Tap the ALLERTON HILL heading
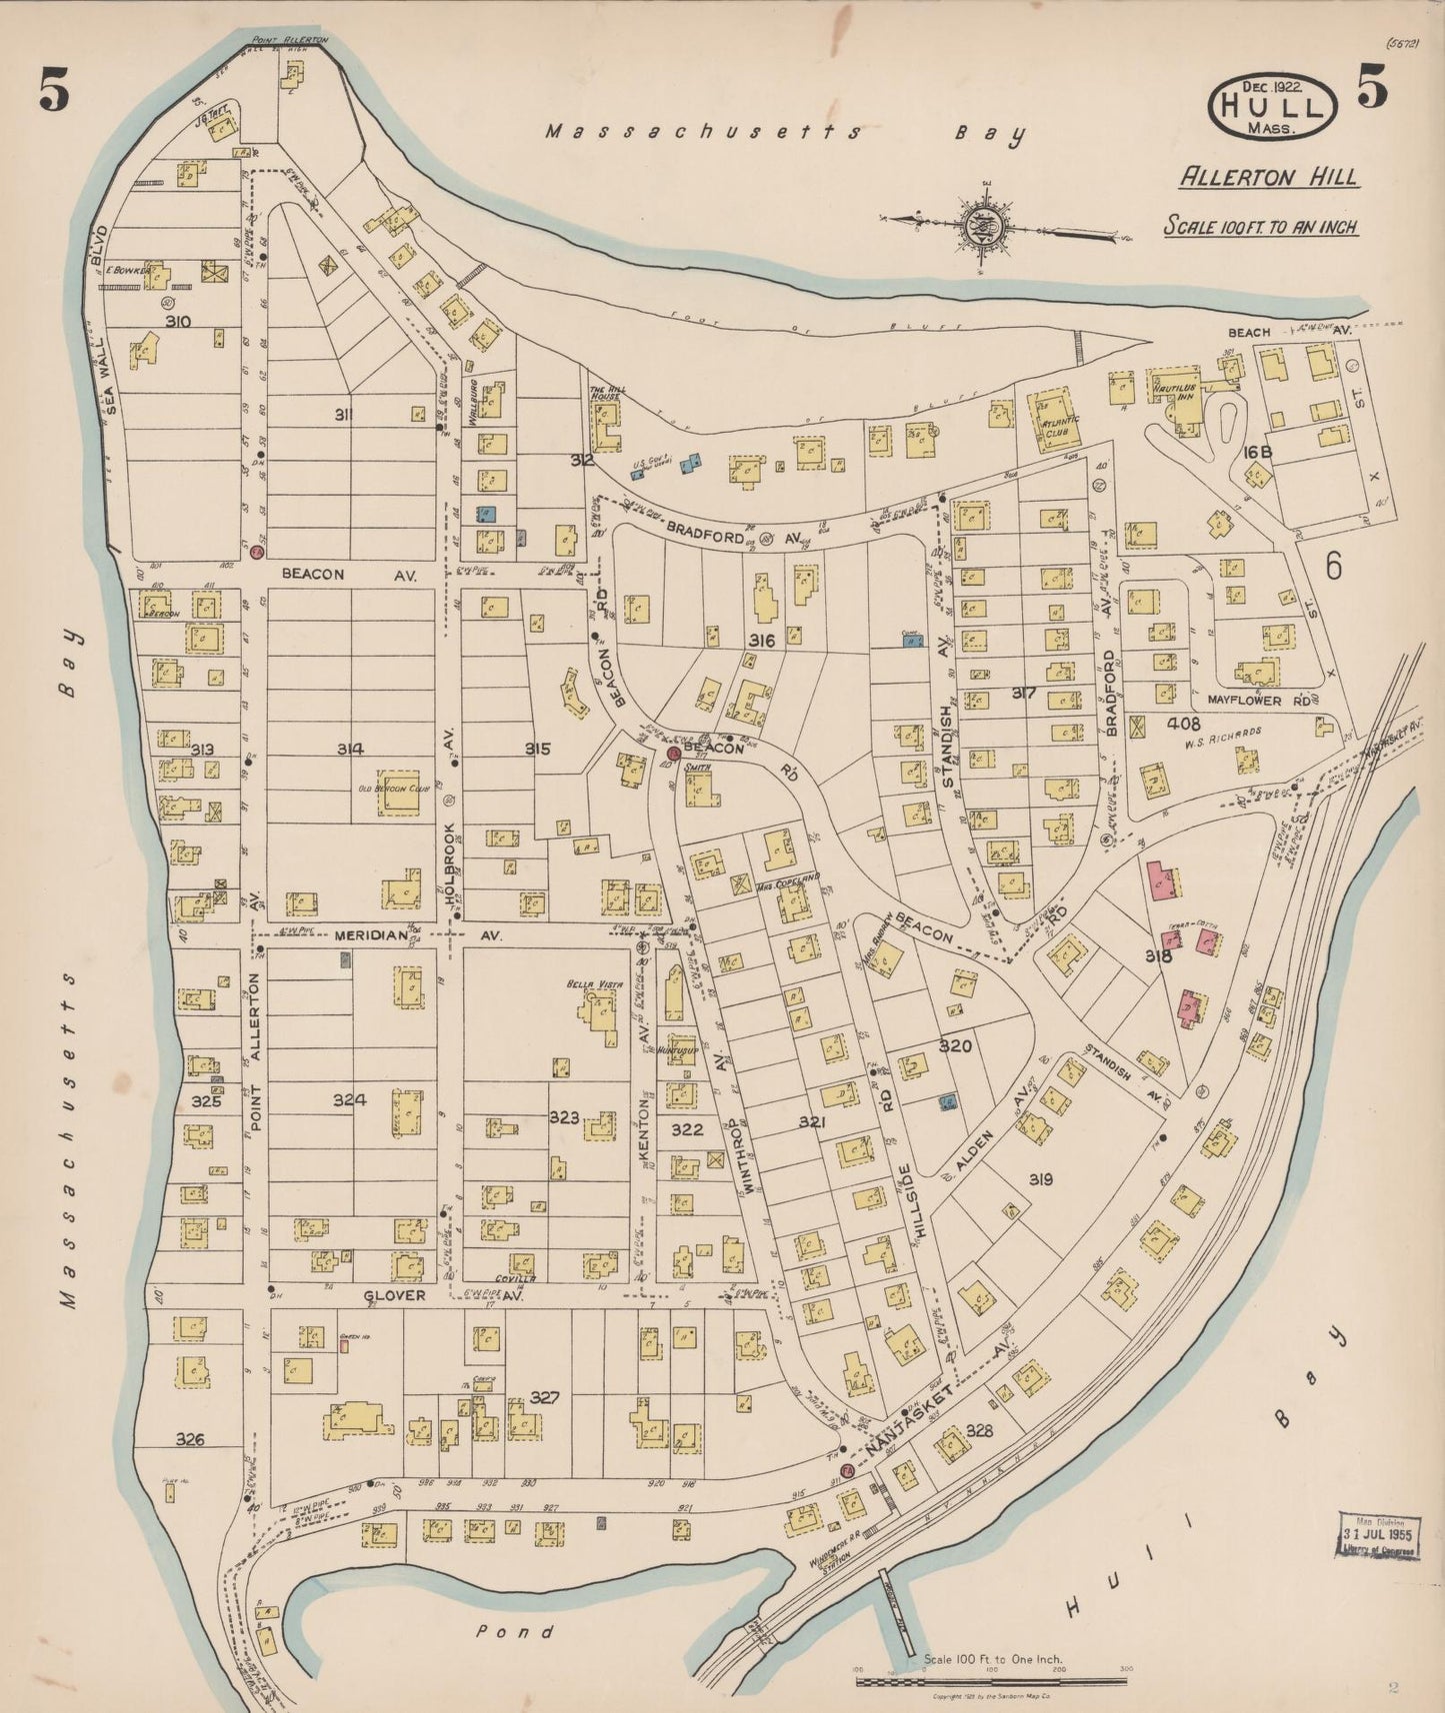(1269, 178)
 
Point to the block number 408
(1182, 721)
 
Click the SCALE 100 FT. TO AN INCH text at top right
(1260, 227)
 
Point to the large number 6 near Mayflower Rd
(1333, 566)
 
